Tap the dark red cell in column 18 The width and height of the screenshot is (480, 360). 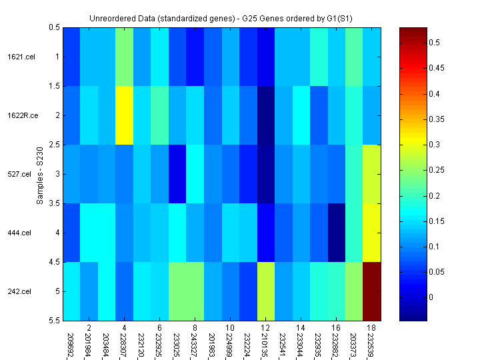tap(371, 291)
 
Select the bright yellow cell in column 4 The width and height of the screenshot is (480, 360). tap(124, 115)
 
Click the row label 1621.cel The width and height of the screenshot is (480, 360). tap(18, 57)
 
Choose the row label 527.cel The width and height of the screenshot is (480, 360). tap(18, 174)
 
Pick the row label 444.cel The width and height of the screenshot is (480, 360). tap(18, 233)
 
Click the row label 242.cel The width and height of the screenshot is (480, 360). tap(18, 291)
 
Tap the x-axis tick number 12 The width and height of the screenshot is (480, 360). tap(265, 328)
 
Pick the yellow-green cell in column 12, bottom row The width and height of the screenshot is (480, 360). tap(265, 291)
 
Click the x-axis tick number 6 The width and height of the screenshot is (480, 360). tap(159, 328)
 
